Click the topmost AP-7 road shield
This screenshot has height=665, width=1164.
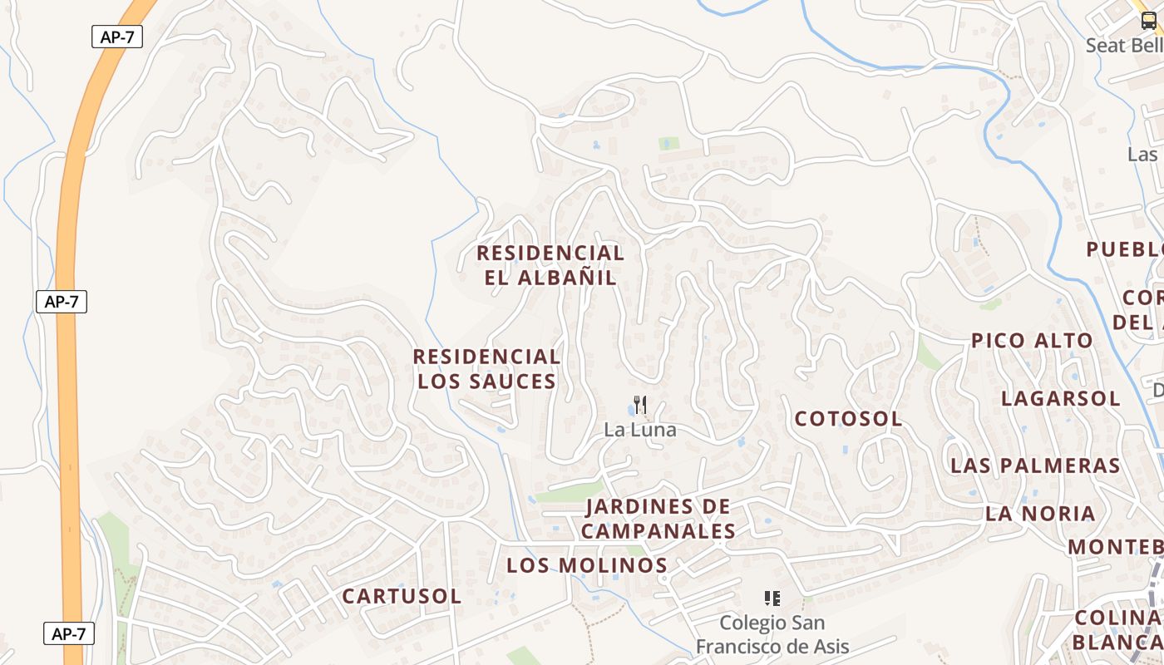(117, 37)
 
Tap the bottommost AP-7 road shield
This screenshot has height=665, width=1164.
(69, 633)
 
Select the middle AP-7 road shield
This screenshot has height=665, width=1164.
(62, 302)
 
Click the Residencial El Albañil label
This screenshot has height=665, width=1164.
(550, 265)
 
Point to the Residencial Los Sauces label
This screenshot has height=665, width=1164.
(486, 369)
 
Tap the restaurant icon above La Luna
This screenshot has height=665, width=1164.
(640, 406)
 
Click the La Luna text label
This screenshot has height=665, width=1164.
(640, 430)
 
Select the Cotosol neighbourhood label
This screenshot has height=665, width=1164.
(848, 419)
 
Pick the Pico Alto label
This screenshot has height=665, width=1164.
(1032, 341)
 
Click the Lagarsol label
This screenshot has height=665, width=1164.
(1060, 398)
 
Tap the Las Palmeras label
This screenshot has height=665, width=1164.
(1036, 465)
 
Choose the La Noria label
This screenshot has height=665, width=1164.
(1040, 514)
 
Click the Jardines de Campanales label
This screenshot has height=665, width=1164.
(658, 519)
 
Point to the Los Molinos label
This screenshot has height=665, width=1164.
(587, 565)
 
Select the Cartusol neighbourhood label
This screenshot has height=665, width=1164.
(402, 596)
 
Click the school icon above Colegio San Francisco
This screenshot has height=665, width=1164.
(772, 598)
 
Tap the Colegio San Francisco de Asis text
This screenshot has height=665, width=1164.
(772, 634)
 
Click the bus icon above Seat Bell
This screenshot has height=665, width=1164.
(1148, 22)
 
